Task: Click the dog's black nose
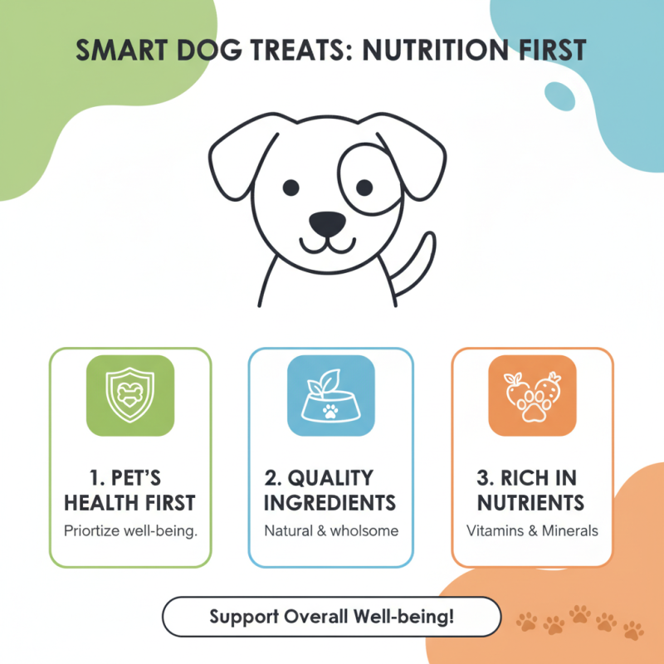(x=327, y=222)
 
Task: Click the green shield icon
(x=130, y=395)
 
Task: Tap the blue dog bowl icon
(x=330, y=395)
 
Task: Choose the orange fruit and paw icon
(x=532, y=395)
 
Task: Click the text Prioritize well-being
(x=130, y=530)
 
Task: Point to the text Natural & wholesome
(x=331, y=530)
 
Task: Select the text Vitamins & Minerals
(x=532, y=530)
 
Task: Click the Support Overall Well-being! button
(x=331, y=618)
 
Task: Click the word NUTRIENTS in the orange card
(x=532, y=503)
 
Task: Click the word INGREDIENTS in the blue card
(x=331, y=503)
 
